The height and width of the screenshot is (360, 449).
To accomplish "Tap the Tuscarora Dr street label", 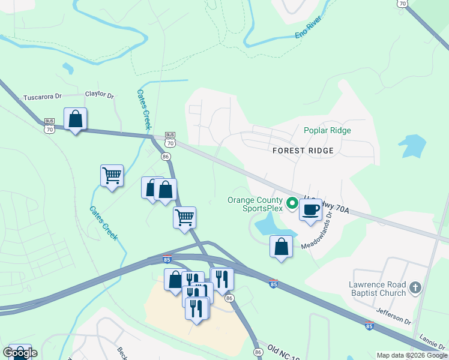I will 42,97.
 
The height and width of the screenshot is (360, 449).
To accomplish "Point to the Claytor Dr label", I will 99,94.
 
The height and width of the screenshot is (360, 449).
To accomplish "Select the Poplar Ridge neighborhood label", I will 327,130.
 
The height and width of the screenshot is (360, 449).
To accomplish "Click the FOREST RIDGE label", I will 303,151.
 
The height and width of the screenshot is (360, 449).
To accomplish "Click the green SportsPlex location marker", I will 292,204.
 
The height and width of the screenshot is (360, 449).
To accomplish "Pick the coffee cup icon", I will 310,210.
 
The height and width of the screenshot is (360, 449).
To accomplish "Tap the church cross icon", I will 415,289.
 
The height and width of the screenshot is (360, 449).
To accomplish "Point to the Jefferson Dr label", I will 394,316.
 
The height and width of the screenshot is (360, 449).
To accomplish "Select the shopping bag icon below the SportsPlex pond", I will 281,247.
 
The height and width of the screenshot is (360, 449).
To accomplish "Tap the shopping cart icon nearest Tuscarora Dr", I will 112,176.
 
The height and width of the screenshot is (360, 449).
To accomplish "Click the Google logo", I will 20,353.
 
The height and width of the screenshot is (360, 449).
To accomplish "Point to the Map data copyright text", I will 412,355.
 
